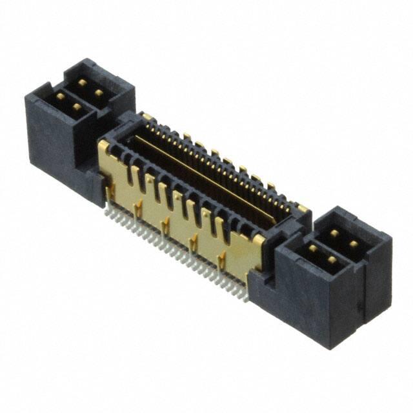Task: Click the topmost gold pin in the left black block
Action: point(82,83)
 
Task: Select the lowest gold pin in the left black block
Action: point(76,108)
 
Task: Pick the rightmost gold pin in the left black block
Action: point(99,94)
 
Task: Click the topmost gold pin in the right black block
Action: point(335,233)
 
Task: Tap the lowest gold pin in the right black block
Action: point(332,260)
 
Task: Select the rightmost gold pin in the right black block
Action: point(354,244)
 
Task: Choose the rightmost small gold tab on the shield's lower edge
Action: point(221,260)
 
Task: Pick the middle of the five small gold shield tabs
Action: point(166,225)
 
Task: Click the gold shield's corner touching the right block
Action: point(258,241)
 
